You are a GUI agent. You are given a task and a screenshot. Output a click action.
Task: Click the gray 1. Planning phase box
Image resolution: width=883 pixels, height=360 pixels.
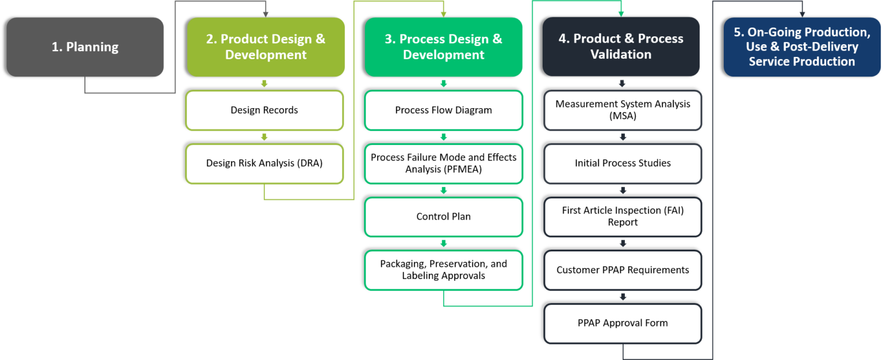tap(85, 47)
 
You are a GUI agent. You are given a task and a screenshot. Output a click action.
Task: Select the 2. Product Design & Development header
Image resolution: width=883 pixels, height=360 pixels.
tap(266, 47)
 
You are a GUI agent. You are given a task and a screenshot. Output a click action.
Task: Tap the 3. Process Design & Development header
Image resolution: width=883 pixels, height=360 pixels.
tap(443, 47)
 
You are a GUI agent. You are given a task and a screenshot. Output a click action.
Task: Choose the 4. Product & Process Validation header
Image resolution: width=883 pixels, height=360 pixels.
tap(621, 47)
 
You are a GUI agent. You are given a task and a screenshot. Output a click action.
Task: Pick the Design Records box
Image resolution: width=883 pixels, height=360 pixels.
tap(264, 110)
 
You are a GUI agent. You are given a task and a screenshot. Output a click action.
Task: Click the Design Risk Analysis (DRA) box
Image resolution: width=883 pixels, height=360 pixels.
tap(264, 163)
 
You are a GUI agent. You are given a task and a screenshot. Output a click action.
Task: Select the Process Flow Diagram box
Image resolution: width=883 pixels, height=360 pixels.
tap(443, 110)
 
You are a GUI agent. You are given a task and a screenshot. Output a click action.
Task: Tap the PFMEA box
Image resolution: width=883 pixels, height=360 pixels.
tap(443, 163)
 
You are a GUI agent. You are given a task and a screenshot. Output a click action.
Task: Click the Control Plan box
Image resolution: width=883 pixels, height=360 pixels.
tap(443, 217)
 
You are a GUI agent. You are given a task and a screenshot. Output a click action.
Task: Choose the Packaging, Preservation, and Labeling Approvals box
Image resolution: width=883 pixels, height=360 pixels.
tap(443, 270)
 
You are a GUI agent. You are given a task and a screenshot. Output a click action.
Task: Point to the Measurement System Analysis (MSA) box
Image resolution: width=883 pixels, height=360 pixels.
tap(623, 110)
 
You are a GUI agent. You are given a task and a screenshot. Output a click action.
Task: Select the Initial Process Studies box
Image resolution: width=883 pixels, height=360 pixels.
tap(623, 163)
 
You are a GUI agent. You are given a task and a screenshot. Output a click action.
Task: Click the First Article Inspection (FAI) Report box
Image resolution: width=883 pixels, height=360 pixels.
tap(623, 217)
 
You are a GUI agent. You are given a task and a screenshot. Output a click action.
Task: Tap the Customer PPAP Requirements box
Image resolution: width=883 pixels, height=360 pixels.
tap(623, 270)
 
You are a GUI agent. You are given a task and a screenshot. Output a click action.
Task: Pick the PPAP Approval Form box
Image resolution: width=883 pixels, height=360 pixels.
tap(623, 323)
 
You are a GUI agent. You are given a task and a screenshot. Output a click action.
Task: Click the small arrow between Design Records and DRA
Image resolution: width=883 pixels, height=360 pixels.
tap(264, 137)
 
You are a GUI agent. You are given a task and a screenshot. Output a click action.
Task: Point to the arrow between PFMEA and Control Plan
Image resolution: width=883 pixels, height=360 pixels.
tap(443, 190)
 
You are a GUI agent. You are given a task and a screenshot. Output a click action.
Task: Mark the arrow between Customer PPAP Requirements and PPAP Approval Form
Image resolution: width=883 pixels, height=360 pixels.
tap(623, 297)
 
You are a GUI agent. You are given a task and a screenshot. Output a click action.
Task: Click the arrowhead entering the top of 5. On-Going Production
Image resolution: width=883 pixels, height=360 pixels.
tap(802, 13)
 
